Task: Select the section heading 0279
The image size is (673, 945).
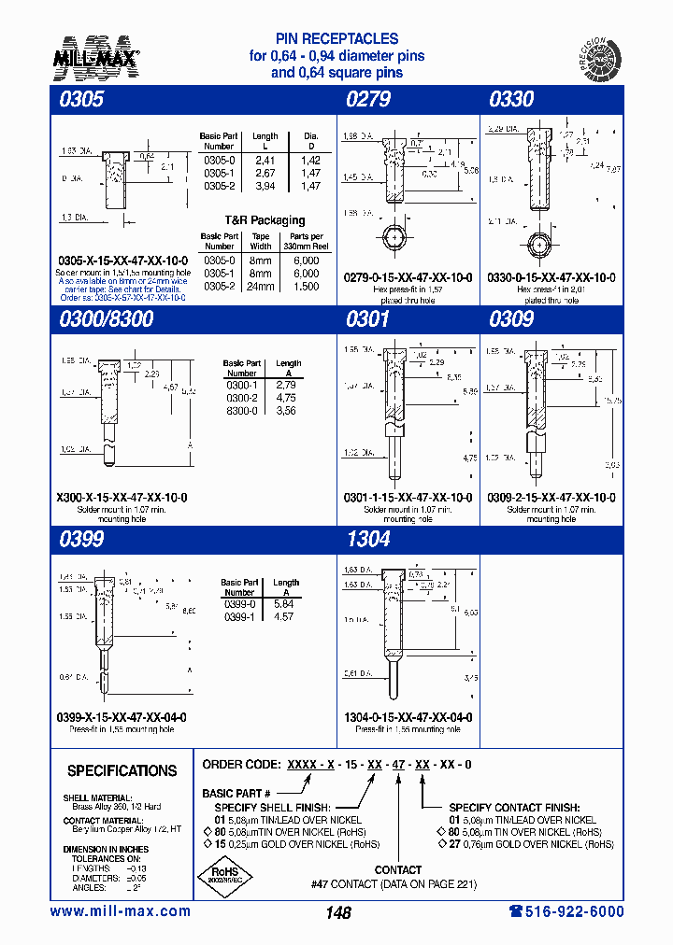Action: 368,99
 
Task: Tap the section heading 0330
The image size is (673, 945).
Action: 511,99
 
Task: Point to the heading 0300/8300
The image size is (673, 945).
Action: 107,319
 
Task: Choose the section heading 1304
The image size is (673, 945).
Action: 368,539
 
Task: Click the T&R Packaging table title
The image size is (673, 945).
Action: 266,220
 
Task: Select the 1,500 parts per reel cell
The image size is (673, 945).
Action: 306,286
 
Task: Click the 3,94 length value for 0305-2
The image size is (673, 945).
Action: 265,186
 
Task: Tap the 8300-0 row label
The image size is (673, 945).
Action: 241,410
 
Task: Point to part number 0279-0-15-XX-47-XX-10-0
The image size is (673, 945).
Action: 408,277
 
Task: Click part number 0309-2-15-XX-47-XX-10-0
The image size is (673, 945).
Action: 551,498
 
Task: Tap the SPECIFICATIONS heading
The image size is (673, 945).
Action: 122,771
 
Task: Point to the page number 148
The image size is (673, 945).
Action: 337,913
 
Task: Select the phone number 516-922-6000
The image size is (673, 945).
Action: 566,911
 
